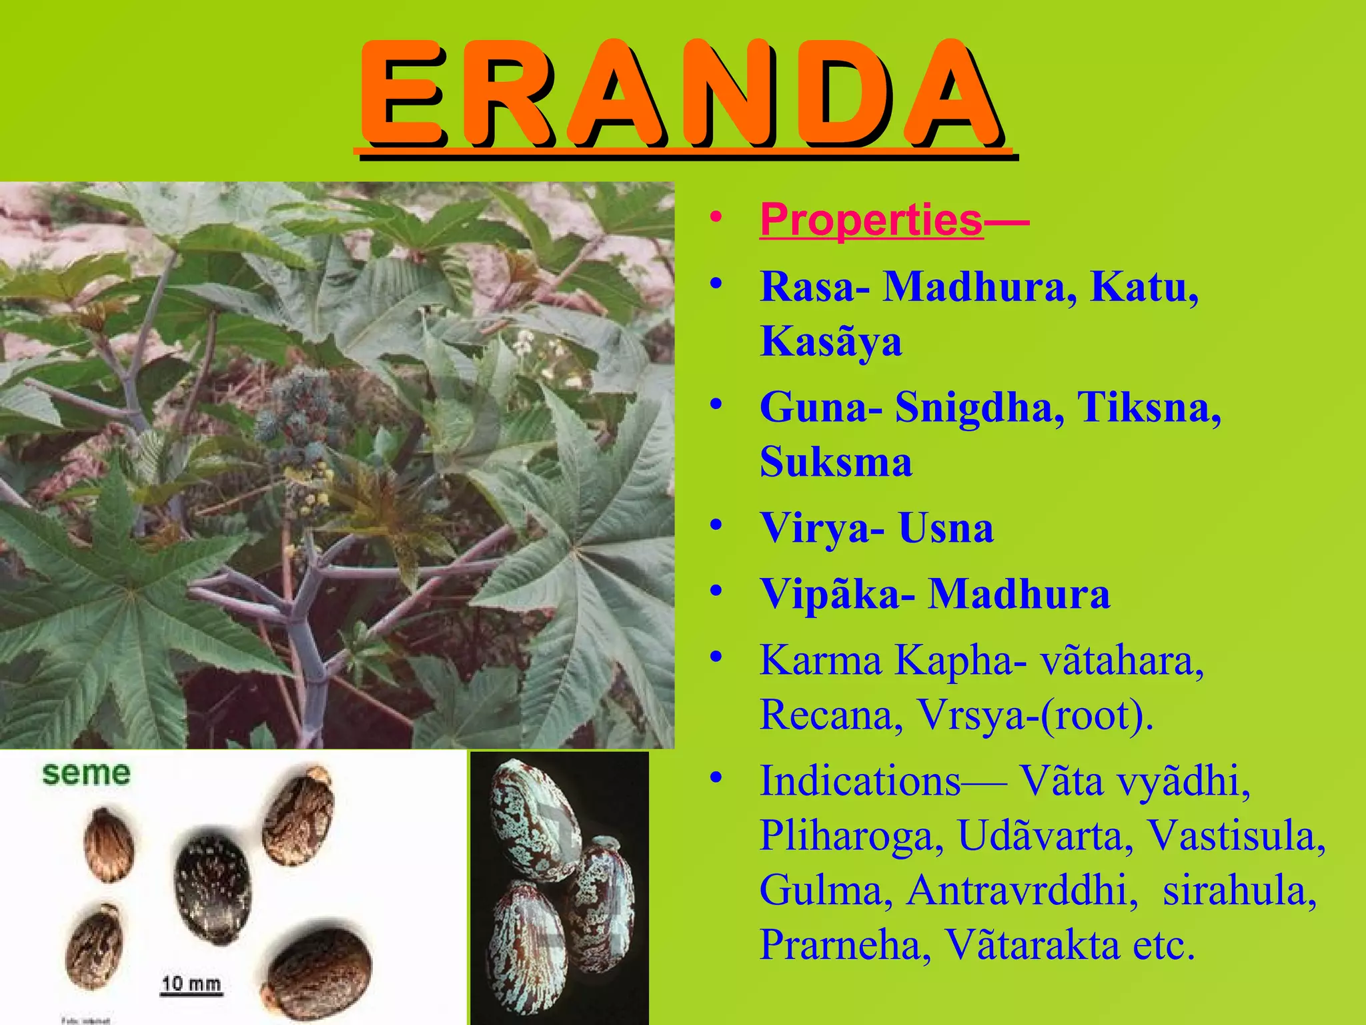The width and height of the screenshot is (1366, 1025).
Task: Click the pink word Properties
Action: point(871,220)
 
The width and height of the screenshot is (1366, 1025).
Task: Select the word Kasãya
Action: point(831,342)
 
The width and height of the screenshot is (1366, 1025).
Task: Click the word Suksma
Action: point(836,462)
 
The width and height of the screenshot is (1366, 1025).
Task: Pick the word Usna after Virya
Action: point(945,529)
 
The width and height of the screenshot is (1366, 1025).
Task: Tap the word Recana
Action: point(831,715)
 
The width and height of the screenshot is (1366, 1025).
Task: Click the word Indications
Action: point(860,781)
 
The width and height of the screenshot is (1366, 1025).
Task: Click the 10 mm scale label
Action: point(191,984)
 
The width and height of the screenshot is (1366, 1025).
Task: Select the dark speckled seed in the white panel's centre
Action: point(213,886)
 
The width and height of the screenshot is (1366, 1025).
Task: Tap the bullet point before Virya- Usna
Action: point(716,527)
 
